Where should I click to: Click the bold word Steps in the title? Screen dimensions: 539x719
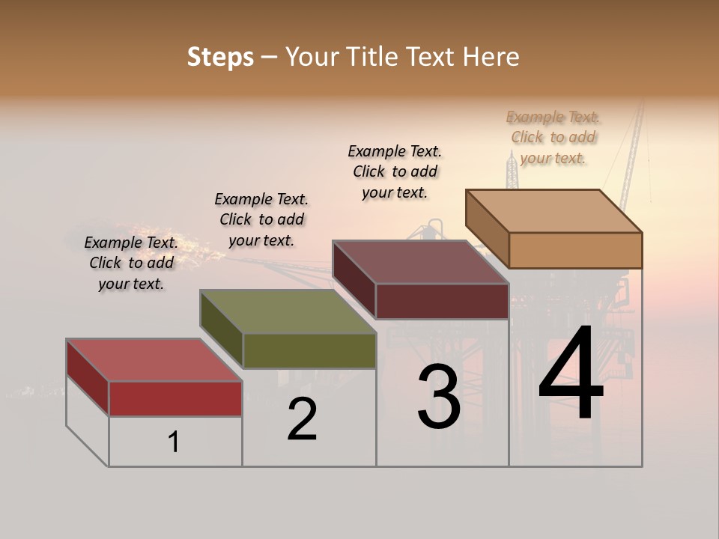pos(220,57)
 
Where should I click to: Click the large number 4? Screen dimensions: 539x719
pos(571,374)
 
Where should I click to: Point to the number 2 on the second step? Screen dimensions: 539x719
pos(302,420)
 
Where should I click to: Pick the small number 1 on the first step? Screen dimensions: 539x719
pos(174,442)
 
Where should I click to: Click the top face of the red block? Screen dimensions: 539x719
pos(154,360)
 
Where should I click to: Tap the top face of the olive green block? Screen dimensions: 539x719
pos(288,311)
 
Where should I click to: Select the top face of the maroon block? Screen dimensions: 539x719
pos(421,262)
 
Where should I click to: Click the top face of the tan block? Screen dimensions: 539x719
pos(554,211)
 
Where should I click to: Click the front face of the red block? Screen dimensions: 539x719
pos(175,398)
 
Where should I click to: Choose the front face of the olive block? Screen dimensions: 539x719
pos(309,350)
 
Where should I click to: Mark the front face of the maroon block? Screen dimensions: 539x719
pos(442,301)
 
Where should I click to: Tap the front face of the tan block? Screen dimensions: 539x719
pos(575,250)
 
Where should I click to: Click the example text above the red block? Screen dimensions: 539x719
pos(131,264)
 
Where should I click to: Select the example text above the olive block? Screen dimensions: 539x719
pos(261,220)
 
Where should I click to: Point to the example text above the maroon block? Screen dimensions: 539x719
pos(395,171)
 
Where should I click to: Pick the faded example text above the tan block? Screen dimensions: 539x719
pos(553,137)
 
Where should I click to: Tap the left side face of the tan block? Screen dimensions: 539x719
pos(488,228)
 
